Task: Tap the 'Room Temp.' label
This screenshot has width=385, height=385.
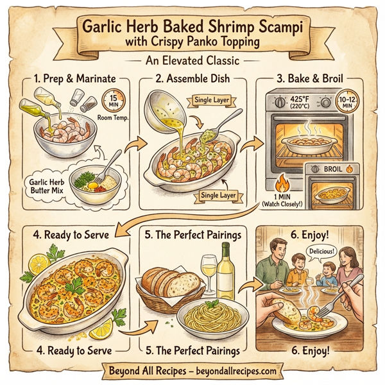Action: [x=108, y=119]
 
